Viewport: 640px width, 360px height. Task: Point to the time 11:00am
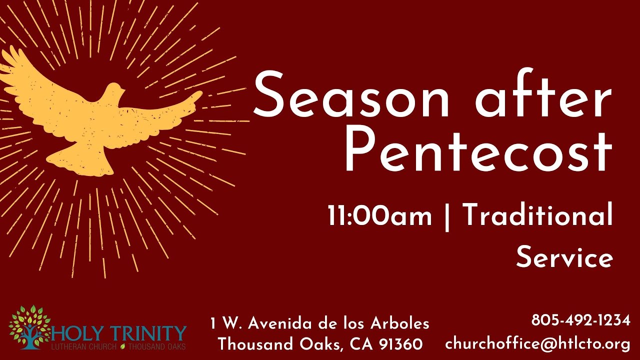[379, 216]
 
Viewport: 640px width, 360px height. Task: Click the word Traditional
[537, 216]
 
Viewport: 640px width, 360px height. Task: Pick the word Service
[564, 258]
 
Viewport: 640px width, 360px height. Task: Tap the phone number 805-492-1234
[580, 320]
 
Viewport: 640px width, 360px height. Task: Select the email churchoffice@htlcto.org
[537, 344]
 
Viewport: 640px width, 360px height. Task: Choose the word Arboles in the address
[400, 323]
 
